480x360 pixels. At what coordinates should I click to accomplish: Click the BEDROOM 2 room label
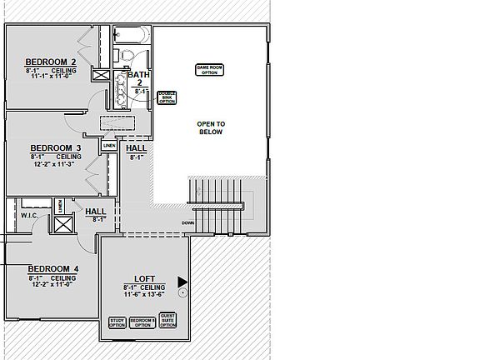[51, 62]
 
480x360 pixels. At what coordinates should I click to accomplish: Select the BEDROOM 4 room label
[53, 268]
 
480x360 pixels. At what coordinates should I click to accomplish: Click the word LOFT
[145, 279]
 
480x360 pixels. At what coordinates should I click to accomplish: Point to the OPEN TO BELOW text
[211, 127]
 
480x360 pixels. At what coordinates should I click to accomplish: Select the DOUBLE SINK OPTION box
[167, 97]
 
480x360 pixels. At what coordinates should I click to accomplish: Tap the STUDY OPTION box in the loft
[117, 322]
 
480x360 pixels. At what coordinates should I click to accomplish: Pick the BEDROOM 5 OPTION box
[142, 322]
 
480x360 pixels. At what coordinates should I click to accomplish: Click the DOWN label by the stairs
[188, 222]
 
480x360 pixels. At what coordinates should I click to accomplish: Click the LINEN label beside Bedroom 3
[109, 146]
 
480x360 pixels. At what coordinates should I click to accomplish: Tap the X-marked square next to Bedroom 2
[101, 76]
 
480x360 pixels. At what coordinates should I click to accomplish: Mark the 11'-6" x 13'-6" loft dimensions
[145, 294]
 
